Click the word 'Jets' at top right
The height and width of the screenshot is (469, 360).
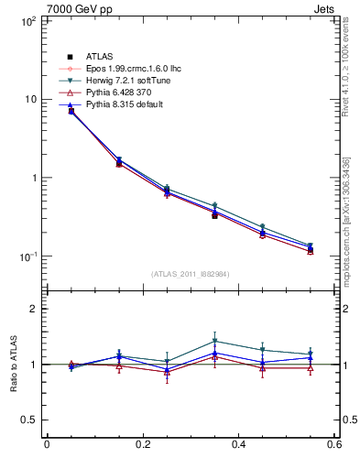pos(327,9)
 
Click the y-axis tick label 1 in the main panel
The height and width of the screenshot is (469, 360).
pos(32,178)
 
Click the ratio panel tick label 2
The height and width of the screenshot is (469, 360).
pos(32,309)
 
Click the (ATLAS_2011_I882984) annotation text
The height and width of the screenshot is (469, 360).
pos(190,274)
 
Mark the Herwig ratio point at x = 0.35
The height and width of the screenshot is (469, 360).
pos(214,341)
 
